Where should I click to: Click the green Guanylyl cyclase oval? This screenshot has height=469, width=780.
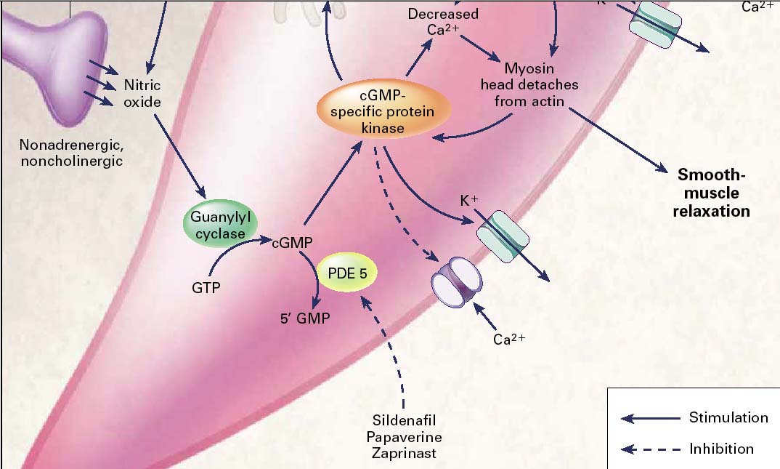point(219,225)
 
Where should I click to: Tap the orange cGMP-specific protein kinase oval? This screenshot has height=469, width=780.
point(383,111)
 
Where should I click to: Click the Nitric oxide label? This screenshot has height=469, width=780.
point(142,93)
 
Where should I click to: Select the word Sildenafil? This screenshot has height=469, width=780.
point(404,421)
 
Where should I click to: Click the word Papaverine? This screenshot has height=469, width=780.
point(404,437)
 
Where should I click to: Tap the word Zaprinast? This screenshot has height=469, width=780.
point(404,453)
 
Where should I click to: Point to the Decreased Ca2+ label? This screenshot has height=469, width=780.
point(442,23)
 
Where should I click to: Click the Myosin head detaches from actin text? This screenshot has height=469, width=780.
point(529,85)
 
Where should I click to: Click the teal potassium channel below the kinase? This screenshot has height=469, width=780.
point(504,236)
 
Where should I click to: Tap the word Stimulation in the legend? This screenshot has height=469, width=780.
point(728,417)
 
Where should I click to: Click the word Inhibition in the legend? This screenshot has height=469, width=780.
point(721,449)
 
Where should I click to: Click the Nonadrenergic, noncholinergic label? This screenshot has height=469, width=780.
point(71,152)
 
